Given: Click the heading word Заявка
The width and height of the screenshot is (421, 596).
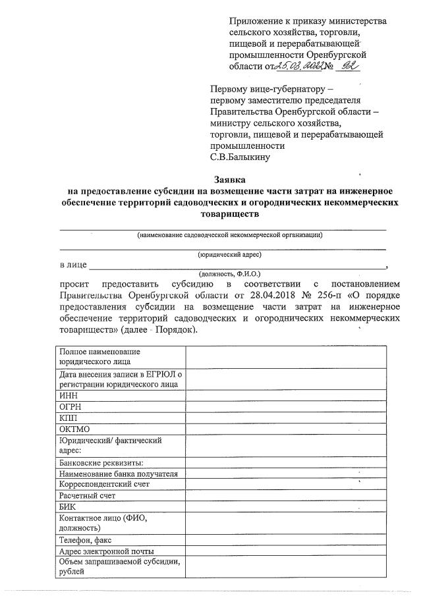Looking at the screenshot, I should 229,178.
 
